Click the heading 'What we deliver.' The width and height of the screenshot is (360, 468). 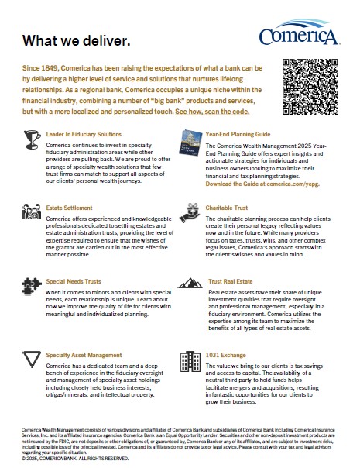(x=77, y=40)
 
